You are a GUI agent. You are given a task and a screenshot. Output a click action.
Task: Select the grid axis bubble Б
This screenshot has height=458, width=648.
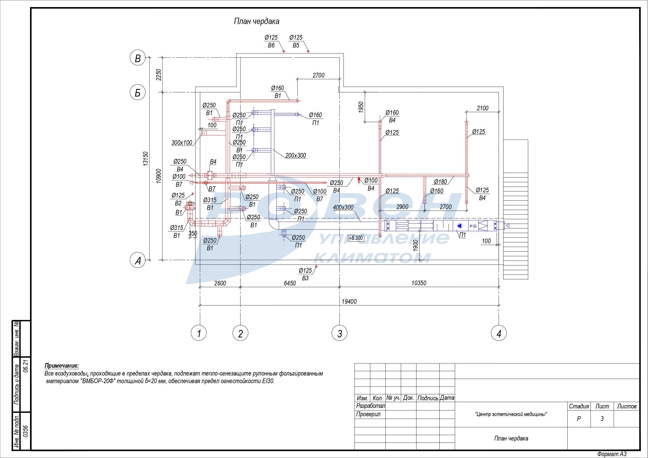[x=137, y=93]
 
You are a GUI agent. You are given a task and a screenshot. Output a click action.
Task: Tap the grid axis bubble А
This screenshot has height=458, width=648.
[x=137, y=260]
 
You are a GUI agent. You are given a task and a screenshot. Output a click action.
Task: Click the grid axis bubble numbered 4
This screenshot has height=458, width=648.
[x=499, y=333]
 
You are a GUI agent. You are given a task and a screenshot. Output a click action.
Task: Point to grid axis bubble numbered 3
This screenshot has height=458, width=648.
[x=339, y=333]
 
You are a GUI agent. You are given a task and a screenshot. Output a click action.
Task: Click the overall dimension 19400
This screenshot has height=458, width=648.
[x=349, y=302]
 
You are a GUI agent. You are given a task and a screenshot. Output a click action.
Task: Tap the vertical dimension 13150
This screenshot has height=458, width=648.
[x=146, y=159]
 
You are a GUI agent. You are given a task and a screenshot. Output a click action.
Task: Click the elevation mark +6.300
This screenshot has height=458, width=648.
[x=356, y=238]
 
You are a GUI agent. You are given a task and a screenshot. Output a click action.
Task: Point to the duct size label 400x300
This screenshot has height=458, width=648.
[x=343, y=207]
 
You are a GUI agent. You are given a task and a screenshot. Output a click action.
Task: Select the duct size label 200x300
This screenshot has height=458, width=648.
[x=296, y=156]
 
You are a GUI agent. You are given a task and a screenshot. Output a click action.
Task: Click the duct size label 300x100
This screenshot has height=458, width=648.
[x=182, y=143]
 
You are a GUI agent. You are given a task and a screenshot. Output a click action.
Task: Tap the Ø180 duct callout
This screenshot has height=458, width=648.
[x=440, y=182]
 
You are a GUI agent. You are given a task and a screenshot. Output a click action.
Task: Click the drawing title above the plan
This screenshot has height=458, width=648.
[x=257, y=21]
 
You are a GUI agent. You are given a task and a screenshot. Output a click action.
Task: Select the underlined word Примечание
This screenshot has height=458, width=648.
[x=62, y=366]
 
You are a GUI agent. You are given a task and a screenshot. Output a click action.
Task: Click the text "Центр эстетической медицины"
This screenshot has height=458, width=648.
[x=511, y=414]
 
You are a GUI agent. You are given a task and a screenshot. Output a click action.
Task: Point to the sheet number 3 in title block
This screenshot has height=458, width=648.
[x=602, y=419]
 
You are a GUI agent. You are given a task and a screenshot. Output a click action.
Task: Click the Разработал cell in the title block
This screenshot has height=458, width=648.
[x=370, y=406]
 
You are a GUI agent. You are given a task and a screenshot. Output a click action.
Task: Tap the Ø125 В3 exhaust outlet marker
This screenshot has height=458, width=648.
[x=316, y=266]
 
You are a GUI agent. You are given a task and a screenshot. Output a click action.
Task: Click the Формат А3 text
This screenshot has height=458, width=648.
[x=612, y=454]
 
